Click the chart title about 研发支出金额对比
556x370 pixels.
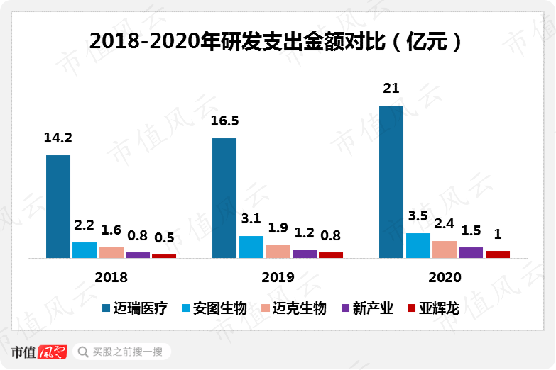point(277,40)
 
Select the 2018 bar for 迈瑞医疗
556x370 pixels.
point(58,206)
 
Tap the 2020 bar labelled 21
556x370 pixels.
point(391,182)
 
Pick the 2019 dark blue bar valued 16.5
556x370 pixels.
point(224,198)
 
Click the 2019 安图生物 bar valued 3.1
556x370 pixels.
point(251,247)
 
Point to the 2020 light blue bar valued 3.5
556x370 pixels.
point(418,245)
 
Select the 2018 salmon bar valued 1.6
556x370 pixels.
point(111,252)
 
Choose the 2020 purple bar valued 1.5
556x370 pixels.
point(471,252)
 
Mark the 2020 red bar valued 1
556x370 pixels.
point(497,254)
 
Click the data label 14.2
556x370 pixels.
point(58,138)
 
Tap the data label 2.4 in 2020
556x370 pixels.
point(445,224)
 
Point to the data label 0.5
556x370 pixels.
point(164,237)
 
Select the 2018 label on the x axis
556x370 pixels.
point(111,277)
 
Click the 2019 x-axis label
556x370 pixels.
point(278,277)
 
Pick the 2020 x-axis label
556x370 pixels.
point(445,277)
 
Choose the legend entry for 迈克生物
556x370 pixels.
point(294,308)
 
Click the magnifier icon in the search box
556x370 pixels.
point(83,352)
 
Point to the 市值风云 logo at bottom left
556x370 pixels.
point(39,352)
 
